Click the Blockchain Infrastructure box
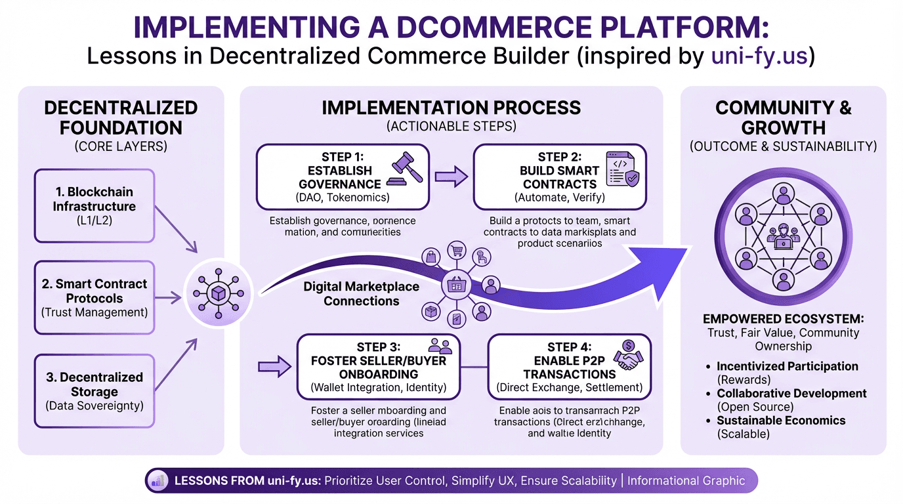tap(94, 205)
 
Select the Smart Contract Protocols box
tap(94, 298)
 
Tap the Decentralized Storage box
tap(94, 391)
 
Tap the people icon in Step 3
tap(439, 346)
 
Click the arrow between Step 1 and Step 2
tap(451, 177)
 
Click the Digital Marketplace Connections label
tap(362, 294)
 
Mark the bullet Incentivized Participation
tap(787, 366)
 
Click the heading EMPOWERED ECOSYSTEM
tap(783, 319)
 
